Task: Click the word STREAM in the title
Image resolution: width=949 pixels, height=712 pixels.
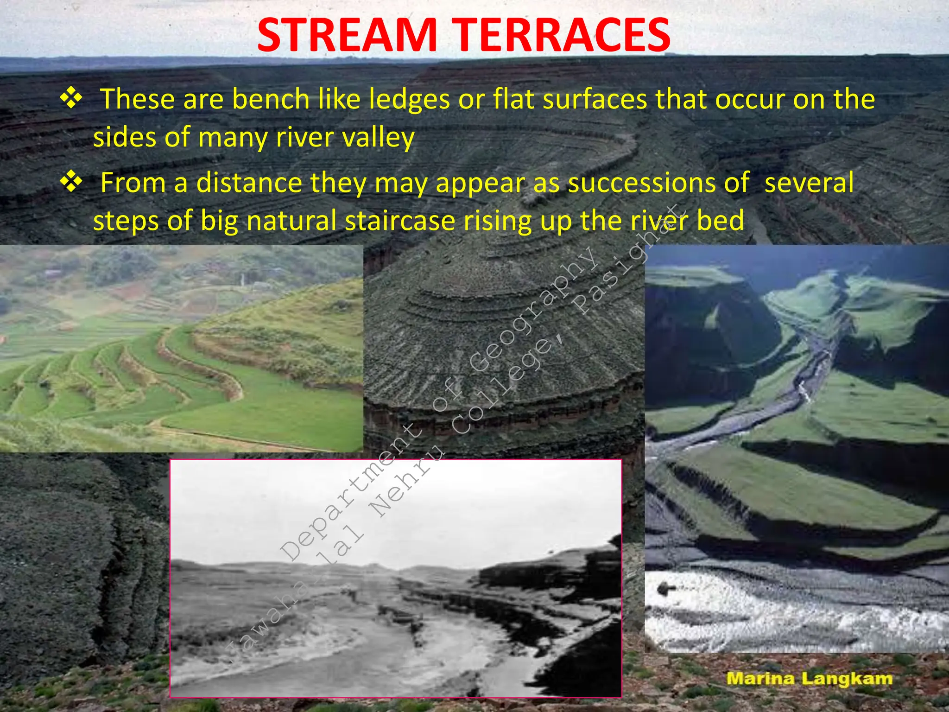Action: click(347, 36)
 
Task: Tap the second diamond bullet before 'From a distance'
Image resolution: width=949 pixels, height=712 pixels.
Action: click(71, 181)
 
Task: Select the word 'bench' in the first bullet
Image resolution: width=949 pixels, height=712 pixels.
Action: click(271, 99)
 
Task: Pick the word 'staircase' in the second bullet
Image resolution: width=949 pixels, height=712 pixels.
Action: click(400, 220)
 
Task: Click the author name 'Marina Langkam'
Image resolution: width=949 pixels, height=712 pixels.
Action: click(809, 679)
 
